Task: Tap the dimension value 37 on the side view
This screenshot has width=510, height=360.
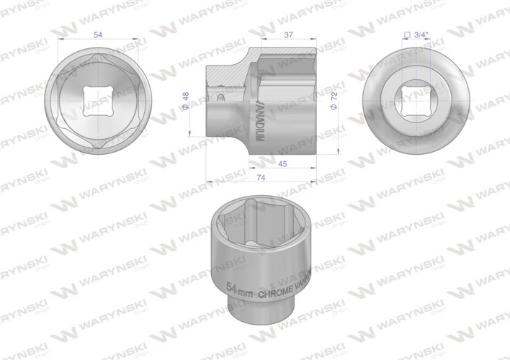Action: [287, 35]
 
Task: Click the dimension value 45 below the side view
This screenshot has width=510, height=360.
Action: [284, 163]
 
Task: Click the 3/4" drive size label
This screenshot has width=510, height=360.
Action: [419, 33]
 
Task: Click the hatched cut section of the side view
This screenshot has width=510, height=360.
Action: [231, 73]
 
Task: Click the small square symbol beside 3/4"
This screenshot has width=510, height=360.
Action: [407, 34]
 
